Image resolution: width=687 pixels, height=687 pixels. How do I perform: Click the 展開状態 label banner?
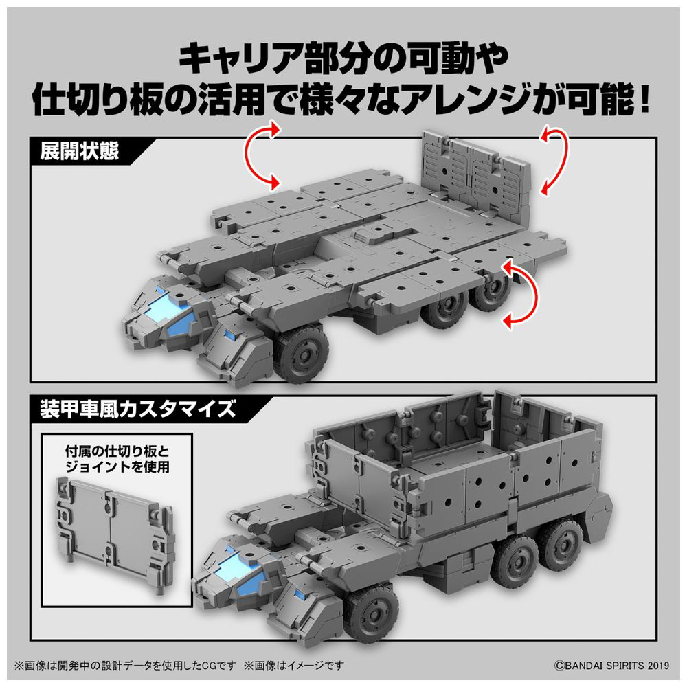(x=79, y=152)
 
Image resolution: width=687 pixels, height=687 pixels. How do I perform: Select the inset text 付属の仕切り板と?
(x=117, y=451)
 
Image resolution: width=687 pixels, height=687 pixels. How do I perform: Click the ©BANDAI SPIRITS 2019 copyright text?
(x=611, y=666)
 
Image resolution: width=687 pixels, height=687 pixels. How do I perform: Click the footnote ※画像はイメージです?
(x=293, y=666)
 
